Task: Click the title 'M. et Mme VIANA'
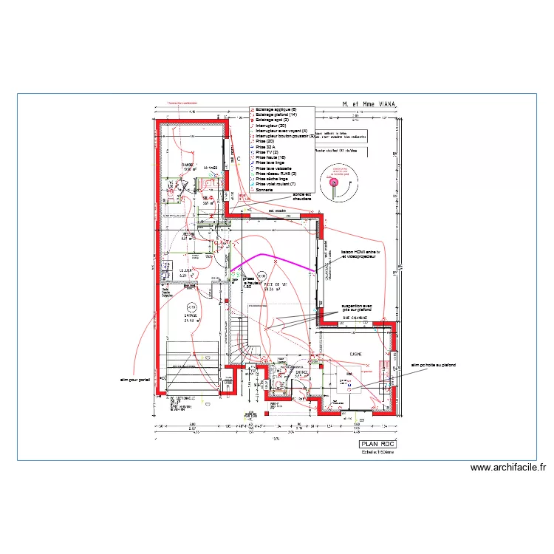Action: tap(369, 105)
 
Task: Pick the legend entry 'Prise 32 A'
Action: tap(267, 146)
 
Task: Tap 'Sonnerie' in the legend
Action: tap(264, 189)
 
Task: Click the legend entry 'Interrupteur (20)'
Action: tap(273, 126)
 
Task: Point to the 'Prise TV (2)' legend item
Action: tap(268, 151)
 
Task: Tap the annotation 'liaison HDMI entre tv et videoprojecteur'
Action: tap(358, 253)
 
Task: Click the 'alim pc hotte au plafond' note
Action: tap(434, 365)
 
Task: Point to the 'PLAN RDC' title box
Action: tap(377, 444)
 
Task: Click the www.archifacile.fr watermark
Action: tap(507, 468)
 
